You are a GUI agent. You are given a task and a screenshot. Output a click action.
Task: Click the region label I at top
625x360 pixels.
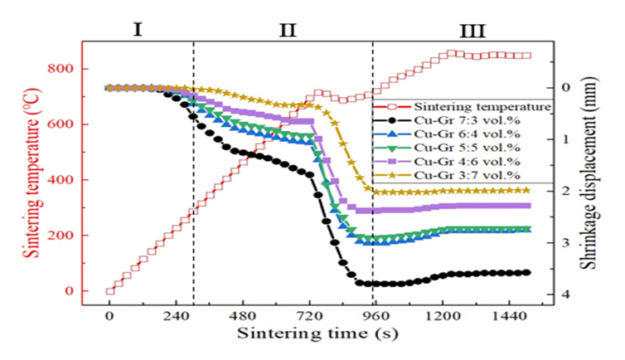pos(138,31)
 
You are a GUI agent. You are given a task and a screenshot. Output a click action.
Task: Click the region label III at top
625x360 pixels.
pos(473,32)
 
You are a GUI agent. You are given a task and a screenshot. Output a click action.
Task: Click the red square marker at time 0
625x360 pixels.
pos(109,291)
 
